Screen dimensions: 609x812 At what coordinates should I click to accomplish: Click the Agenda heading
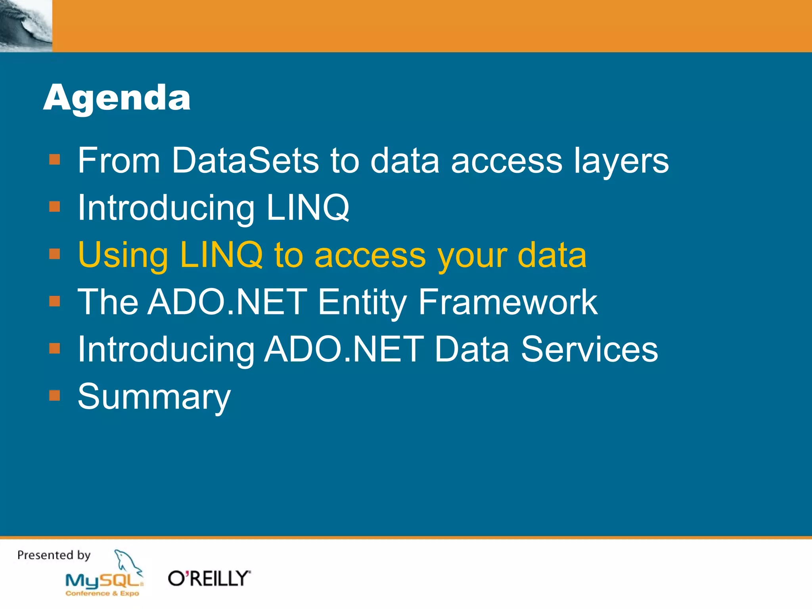coord(117,98)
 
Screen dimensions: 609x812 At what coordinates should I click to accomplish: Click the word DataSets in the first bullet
coord(245,160)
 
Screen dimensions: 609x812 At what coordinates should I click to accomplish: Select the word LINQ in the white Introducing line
coord(307,207)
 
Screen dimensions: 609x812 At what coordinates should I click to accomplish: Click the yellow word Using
coord(123,255)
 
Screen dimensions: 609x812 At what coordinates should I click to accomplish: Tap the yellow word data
coord(552,255)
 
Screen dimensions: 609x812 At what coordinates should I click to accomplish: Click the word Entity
coord(362,302)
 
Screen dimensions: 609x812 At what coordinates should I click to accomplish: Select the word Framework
coord(507,302)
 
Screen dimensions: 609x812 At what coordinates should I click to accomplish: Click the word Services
coord(589,349)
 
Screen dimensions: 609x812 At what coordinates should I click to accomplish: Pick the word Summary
coord(154,396)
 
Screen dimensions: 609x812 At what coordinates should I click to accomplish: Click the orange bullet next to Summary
coord(54,395)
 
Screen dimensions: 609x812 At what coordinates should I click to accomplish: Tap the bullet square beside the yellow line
coord(54,254)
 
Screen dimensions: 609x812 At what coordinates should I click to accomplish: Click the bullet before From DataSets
coord(54,159)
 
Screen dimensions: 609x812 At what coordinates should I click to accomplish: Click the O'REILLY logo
coord(209,578)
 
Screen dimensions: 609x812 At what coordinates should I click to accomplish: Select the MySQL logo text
coord(104,581)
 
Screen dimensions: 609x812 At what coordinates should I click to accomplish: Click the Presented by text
coord(54,555)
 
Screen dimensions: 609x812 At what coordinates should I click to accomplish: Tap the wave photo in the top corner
coord(26,26)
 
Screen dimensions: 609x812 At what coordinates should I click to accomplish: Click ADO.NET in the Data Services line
coord(344,349)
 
